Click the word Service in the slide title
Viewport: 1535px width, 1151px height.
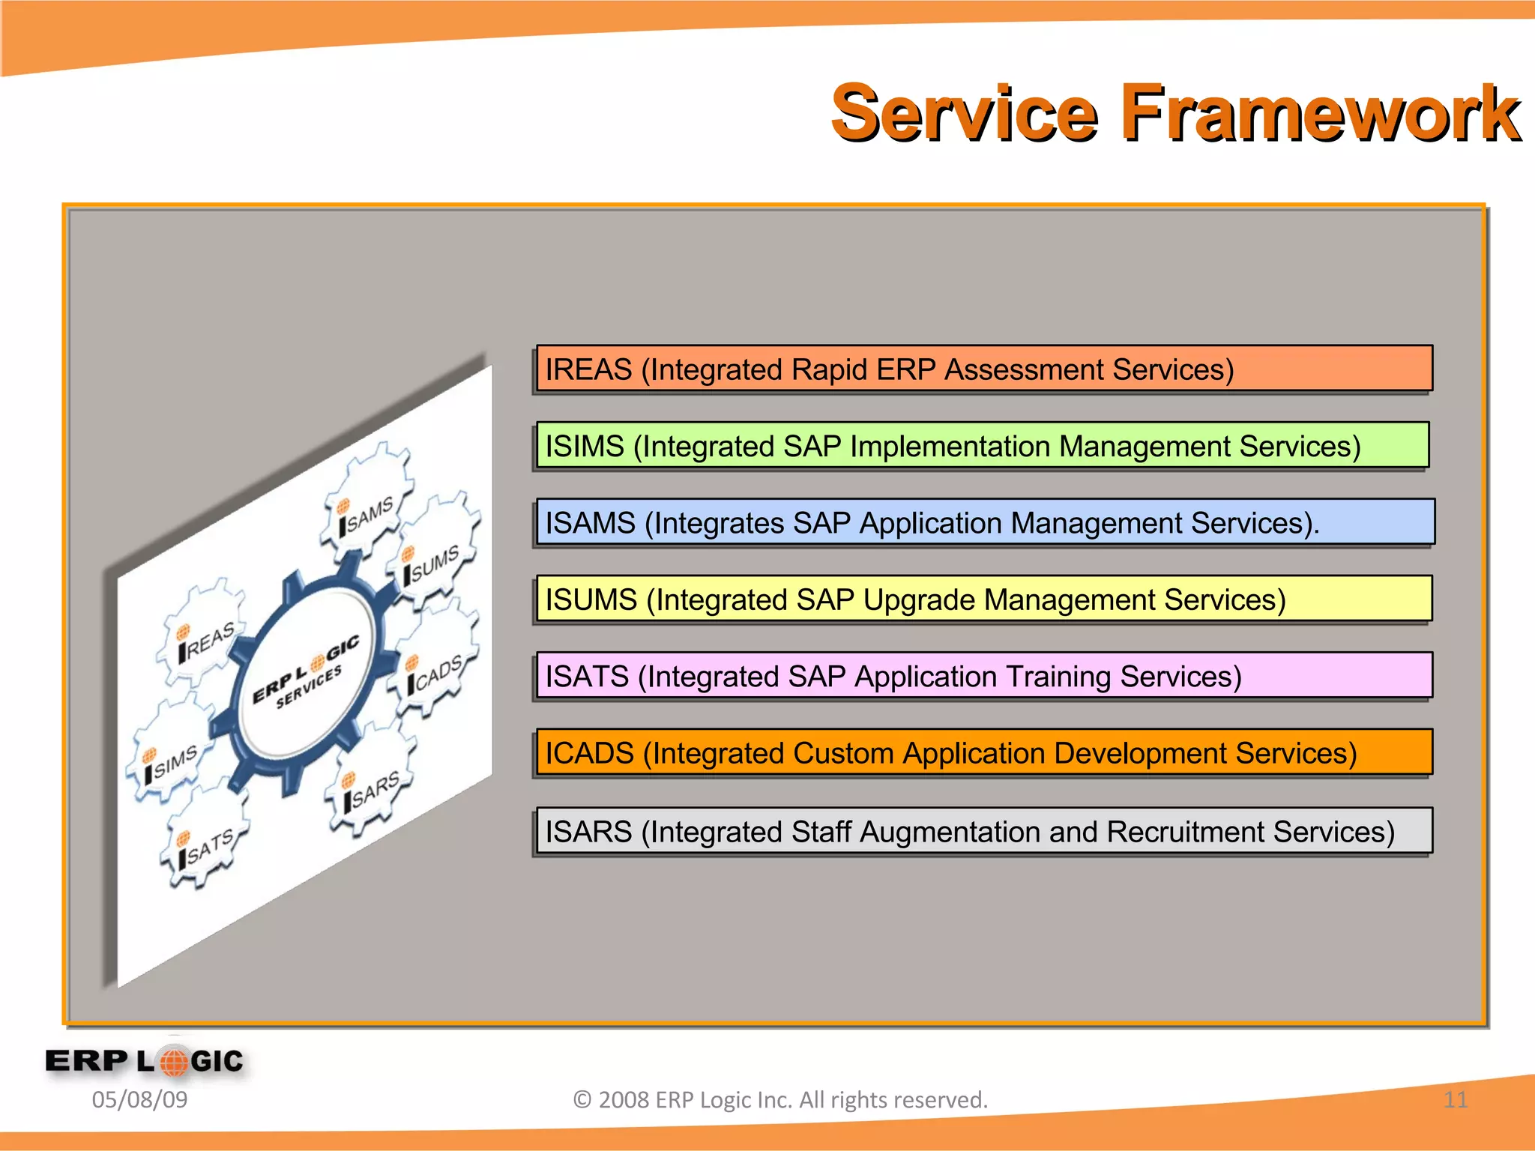point(965,114)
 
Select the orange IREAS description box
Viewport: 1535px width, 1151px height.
point(984,369)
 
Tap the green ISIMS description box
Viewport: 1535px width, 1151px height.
point(983,446)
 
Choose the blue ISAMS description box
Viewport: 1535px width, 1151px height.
point(985,522)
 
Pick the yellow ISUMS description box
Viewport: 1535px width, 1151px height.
point(984,599)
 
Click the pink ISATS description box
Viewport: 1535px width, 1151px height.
point(984,676)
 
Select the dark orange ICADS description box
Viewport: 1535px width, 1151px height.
point(984,752)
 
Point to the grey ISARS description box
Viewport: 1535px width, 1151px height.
point(984,831)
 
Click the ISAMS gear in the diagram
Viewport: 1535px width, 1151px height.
point(367,504)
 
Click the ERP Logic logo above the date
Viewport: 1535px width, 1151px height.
point(145,1060)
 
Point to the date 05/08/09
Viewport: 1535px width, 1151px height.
point(139,1099)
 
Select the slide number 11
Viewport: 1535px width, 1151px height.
point(1455,1099)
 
